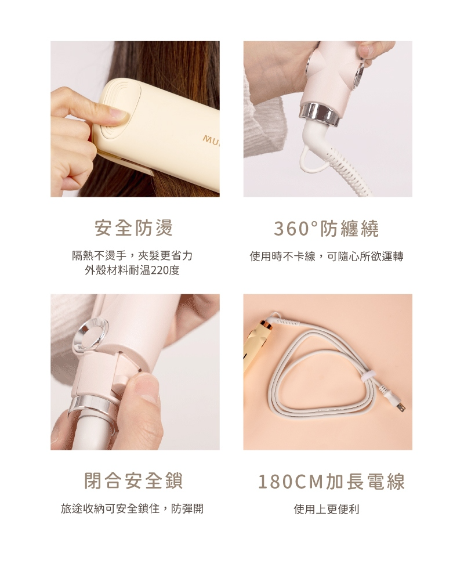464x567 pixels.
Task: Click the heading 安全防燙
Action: pos(134,228)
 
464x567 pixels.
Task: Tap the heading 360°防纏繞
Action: pos(327,229)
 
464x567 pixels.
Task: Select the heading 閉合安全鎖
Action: pos(134,481)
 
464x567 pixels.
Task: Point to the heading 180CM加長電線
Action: pos(332,482)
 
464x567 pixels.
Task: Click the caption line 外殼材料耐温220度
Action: pos(132,270)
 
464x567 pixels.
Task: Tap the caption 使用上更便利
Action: pos(327,509)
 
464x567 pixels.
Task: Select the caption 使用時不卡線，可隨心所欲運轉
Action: pos(327,257)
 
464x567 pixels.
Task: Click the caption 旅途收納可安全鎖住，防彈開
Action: pos(132,509)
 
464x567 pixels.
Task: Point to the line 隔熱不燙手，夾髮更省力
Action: pos(132,256)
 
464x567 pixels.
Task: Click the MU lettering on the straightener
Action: pos(211,138)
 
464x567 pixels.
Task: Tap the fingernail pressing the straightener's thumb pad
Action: pos(118,114)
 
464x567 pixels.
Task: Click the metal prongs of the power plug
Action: pos(401,406)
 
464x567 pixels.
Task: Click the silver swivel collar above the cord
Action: pos(319,114)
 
